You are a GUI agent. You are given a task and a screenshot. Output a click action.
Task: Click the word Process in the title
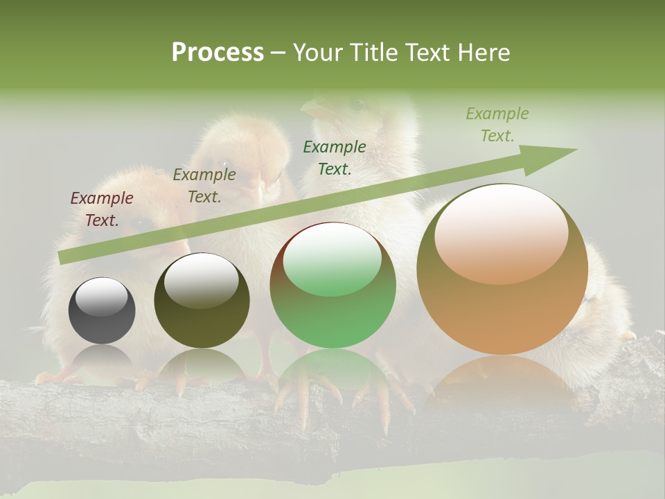point(218,53)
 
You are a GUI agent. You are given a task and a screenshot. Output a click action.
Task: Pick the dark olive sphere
point(202,312)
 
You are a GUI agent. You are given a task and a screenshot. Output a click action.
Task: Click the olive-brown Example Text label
point(204,186)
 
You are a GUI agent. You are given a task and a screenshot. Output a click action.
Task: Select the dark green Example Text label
point(335,157)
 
